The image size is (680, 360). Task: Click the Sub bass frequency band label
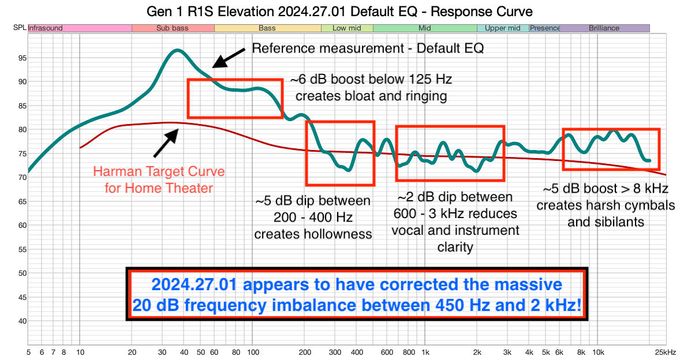coord(173,28)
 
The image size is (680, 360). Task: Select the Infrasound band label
coord(46,28)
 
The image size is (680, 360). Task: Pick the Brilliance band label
coord(604,28)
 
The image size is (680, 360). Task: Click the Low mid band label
coord(346,28)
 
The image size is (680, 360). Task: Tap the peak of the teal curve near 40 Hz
coord(177,50)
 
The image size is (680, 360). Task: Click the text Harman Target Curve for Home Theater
coord(159,179)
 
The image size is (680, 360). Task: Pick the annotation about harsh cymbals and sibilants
coord(605,205)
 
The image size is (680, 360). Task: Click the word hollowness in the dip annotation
coord(313,234)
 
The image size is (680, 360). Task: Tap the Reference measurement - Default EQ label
coord(368,48)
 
